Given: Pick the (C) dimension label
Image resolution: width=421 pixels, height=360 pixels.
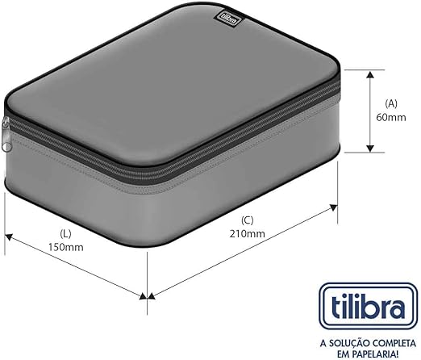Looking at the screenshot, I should click(x=248, y=220).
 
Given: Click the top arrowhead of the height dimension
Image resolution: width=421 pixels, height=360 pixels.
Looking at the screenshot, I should click(x=371, y=73).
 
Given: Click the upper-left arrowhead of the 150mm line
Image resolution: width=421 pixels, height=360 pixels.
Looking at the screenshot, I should click(x=10, y=236).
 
